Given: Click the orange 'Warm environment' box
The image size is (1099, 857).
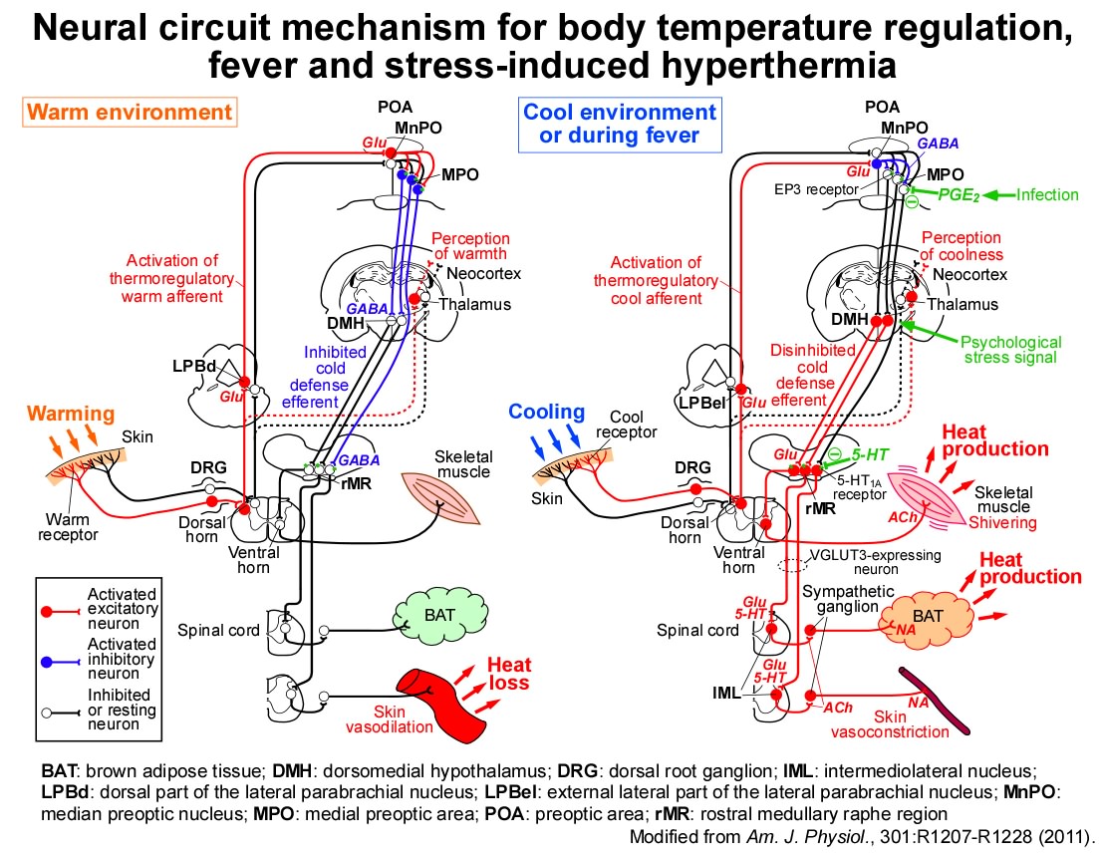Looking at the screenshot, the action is tap(130, 113).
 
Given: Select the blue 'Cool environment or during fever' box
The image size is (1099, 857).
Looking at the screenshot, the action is tap(620, 125).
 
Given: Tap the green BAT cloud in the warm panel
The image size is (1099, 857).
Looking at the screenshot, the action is tap(440, 616).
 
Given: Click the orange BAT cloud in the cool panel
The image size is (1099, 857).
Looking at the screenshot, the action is tap(927, 617).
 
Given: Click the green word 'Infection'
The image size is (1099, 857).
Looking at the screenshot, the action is tap(1047, 194).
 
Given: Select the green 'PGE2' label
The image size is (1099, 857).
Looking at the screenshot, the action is tap(959, 195).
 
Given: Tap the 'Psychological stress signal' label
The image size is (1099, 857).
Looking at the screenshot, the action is tap(1010, 350).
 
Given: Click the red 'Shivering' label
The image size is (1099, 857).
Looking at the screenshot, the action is tap(1002, 523).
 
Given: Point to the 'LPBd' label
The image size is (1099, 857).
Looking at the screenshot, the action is tap(194, 366).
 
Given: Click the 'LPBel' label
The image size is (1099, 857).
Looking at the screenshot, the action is tap(700, 403).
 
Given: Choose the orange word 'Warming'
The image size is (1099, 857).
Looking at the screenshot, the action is tap(71, 414).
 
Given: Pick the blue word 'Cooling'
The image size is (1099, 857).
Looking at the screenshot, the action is tap(547, 412).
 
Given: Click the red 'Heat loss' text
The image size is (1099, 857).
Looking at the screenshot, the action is tap(509, 674).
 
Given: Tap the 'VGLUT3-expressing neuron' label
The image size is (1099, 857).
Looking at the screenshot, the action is tap(876, 562).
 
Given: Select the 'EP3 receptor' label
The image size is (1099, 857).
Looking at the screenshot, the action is tap(817, 189).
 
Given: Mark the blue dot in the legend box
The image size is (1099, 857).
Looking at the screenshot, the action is tap(46, 663).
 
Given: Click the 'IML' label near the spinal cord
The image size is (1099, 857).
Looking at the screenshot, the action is tap(726, 693).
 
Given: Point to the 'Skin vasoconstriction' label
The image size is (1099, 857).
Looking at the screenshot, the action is tap(890, 724).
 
